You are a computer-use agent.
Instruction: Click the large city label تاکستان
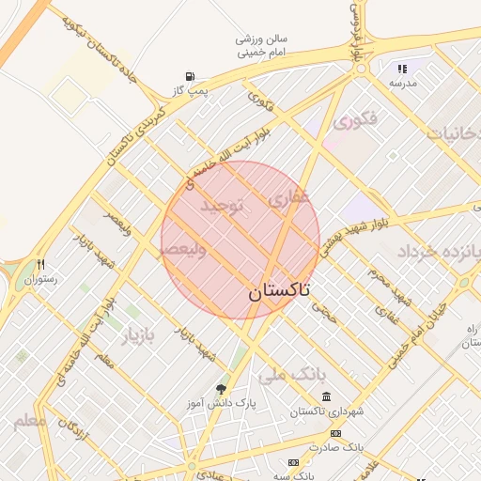click(x=281, y=292)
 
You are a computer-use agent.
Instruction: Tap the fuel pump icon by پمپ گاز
click(x=192, y=76)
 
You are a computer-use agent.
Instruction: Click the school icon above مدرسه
click(x=402, y=69)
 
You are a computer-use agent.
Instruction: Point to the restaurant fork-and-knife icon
click(x=40, y=265)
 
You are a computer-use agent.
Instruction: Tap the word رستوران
click(x=41, y=279)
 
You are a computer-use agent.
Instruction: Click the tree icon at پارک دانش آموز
click(x=221, y=388)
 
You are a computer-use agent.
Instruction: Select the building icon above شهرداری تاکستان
click(x=326, y=397)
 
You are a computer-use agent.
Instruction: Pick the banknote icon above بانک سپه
click(x=294, y=462)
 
